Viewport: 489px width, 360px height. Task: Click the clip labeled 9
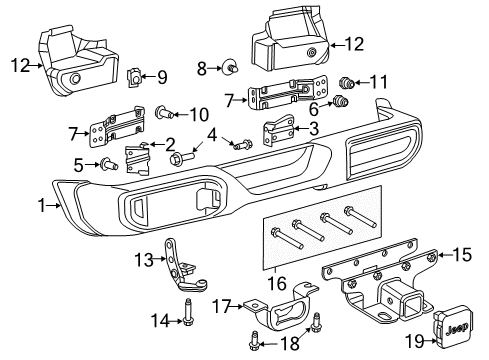[x=137, y=76]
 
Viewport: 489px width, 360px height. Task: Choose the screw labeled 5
[x=104, y=163]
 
